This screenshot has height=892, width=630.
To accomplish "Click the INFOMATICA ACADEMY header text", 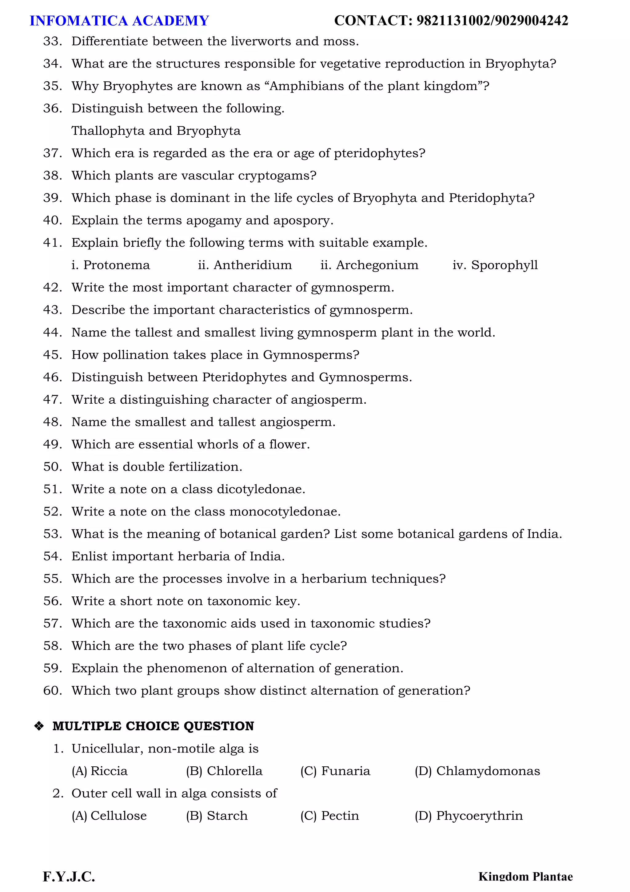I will pos(119,21).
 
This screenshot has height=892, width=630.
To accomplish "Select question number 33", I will pos(52,41).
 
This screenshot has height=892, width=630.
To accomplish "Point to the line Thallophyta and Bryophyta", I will pos(156,131).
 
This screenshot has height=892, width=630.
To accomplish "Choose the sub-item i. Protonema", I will pos(111,265).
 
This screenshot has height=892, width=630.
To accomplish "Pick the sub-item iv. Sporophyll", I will pos(495,265).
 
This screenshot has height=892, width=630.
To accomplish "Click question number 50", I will pos(52,466).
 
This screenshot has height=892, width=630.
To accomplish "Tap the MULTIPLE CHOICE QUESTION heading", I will pos(153,726).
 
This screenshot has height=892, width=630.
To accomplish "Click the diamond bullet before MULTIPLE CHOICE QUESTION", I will pos(39,726).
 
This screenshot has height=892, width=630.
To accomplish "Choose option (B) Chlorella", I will pos(224,771).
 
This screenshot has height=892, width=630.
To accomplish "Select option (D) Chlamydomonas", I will pos(477,771).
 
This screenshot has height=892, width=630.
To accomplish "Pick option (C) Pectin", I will pos(329,816).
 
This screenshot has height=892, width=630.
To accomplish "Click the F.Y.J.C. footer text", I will pos(69,877).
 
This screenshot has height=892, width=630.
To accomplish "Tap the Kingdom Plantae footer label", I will pos(525,877).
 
